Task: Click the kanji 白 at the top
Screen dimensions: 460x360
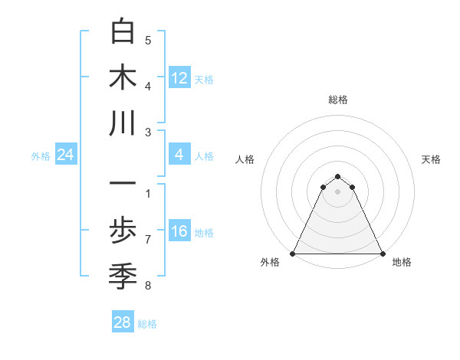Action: [x=123, y=32]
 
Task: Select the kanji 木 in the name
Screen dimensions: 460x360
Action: [x=123, y=77]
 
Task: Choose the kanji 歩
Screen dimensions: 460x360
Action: [x=123, y=230]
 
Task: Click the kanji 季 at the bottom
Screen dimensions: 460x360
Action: [x=123, y=275]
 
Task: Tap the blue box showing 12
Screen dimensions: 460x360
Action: [x=179, y=77]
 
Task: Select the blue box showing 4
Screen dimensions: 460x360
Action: [x=179, y=155]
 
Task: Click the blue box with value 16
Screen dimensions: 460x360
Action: [x=179, y=232]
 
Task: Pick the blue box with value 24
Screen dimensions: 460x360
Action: [x=66, y=155]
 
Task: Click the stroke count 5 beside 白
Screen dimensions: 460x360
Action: [x=148, y=40]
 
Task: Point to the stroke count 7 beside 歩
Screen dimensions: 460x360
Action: [x=148, y=240]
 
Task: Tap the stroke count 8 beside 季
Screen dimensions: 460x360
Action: [x=148, y=286]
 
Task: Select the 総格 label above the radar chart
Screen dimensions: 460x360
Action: [x=337, y=100]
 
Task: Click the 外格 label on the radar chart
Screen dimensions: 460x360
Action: [x=270, y=263]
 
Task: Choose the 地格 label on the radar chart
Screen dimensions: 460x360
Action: [x=402, y=263]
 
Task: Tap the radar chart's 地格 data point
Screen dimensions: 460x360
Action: [x=382, y=254]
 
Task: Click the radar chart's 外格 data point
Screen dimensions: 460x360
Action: [x=293, y=254]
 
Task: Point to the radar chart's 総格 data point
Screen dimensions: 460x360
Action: [x=337, y=174]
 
